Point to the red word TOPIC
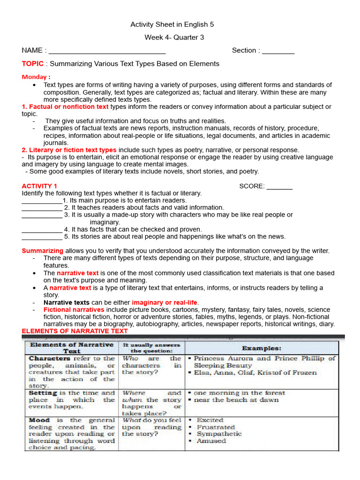[x=33, y=64]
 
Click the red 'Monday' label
[x=34, y=77]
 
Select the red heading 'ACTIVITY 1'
[x=39, y=186]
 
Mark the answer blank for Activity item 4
[x=42, y=230]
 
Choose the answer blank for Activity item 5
[x=42, y=237]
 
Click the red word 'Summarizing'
[x=42, y=251]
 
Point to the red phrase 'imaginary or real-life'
[x=165, y=303]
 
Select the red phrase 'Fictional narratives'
[x=74, y=310]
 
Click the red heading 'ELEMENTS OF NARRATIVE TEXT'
[x=75, y=331]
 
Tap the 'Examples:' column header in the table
[x=262, y=348]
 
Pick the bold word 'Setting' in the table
[x=43, y=393]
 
